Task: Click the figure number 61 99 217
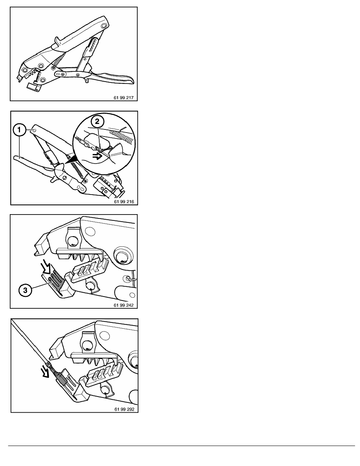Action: (x=124, y=98)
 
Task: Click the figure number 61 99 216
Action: (x=124, y=202)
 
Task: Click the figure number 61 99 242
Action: (x=124, y=305)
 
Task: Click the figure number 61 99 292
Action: (x=124, y=409)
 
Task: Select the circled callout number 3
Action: (x=25, y=289)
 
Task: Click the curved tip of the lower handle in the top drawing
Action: (x=130, y=80)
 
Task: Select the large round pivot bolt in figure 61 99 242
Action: (x=122, y=256)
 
